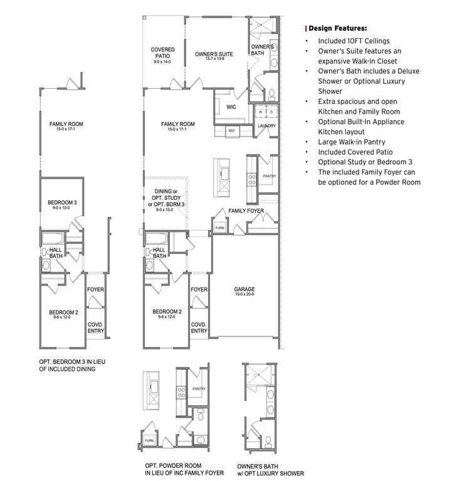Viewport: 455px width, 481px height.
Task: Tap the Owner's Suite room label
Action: click(214, 54)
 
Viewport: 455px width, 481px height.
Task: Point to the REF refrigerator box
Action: click(231, 131)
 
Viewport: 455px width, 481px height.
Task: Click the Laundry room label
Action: click(266, 126)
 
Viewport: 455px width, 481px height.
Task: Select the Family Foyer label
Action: click(246, 211)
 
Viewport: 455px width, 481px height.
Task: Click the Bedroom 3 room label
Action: click(62, 202)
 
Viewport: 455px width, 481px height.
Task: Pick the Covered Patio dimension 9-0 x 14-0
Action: click(162, 63)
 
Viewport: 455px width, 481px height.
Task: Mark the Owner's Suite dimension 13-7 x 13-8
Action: click(214, 61)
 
